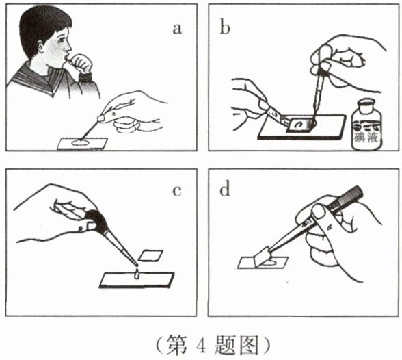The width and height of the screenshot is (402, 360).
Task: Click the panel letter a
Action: click(x=177, y=29)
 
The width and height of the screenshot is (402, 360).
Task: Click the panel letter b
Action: click(x=225, y=27)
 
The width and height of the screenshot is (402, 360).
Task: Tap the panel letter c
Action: click(x=177, y=191)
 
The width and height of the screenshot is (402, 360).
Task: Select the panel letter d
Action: click(x=225, y=190)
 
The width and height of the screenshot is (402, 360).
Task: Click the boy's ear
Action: click(x=41, y=46)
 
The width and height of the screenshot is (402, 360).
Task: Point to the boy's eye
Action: click(x=62, y=40)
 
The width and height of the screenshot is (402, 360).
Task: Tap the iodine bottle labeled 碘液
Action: click(x=366, y=125)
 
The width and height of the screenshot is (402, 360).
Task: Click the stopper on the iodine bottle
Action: click(x=367, y=105)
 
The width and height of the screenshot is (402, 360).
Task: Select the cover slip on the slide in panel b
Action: click(x=300, y=125)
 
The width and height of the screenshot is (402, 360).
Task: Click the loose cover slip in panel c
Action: click(x=150, y=256)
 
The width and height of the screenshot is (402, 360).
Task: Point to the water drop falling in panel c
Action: click(x=137, y=274)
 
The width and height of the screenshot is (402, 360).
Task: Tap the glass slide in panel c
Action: click(x=137, y=280)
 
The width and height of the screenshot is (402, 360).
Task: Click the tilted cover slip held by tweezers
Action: click(x=263, y=257)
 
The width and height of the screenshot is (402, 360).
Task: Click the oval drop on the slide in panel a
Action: click(x=80, y=142)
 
